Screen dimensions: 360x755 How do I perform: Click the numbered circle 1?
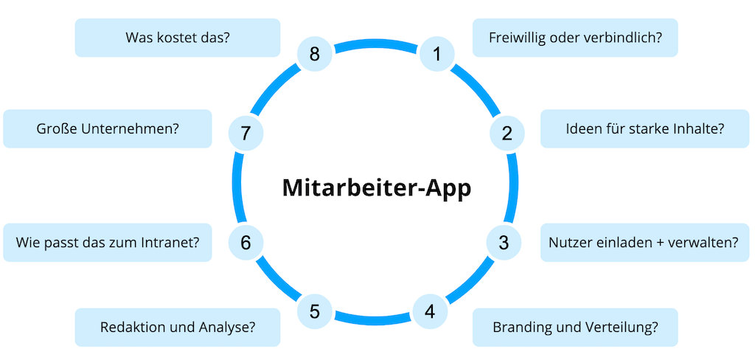click(x=436, y=55)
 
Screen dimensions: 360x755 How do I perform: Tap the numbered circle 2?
click(x=507, y=134)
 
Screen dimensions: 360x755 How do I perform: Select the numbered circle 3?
click(x=504, y=242)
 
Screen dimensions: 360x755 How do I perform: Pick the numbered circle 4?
click(x=429, y=311)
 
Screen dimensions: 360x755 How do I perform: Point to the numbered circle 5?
click(x=315, y=311)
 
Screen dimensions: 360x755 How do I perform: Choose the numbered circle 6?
click(x=246, y=242)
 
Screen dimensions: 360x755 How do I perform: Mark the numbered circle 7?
click(x=246, y=134)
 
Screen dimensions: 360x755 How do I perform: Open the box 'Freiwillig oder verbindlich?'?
click(x=574, y=38)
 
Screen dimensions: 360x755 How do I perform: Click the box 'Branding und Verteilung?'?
click(x=574, y=327)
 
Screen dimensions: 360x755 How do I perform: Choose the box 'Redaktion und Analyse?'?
click(x=178, y=327)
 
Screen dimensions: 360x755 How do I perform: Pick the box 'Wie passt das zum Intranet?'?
click(x=108, y=242)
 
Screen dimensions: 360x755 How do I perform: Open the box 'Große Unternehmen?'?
click(x=108, y=128)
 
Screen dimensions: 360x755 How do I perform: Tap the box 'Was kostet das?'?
click(x=178, y=38)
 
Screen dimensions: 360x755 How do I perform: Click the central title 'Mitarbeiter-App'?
click(x=377, y=187)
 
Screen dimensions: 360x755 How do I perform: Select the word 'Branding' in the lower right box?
click(x=520, y=327)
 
